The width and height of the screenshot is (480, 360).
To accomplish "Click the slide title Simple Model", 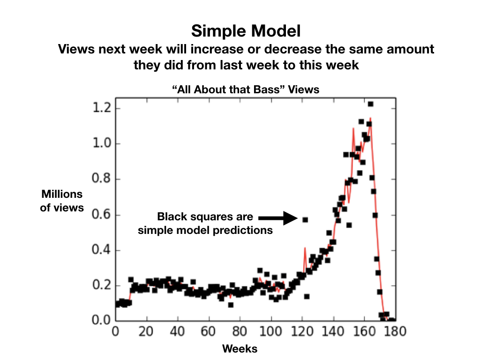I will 246,32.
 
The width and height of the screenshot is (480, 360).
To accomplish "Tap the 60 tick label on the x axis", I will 209,331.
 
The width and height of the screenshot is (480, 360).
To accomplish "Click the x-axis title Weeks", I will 240,349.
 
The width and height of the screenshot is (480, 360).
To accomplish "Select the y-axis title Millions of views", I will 62,201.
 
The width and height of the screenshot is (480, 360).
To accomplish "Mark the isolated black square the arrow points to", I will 305,219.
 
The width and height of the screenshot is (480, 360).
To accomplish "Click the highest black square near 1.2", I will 370,104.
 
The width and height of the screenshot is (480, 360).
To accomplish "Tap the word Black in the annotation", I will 171,217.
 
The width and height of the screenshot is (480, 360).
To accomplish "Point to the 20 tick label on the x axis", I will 147,331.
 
